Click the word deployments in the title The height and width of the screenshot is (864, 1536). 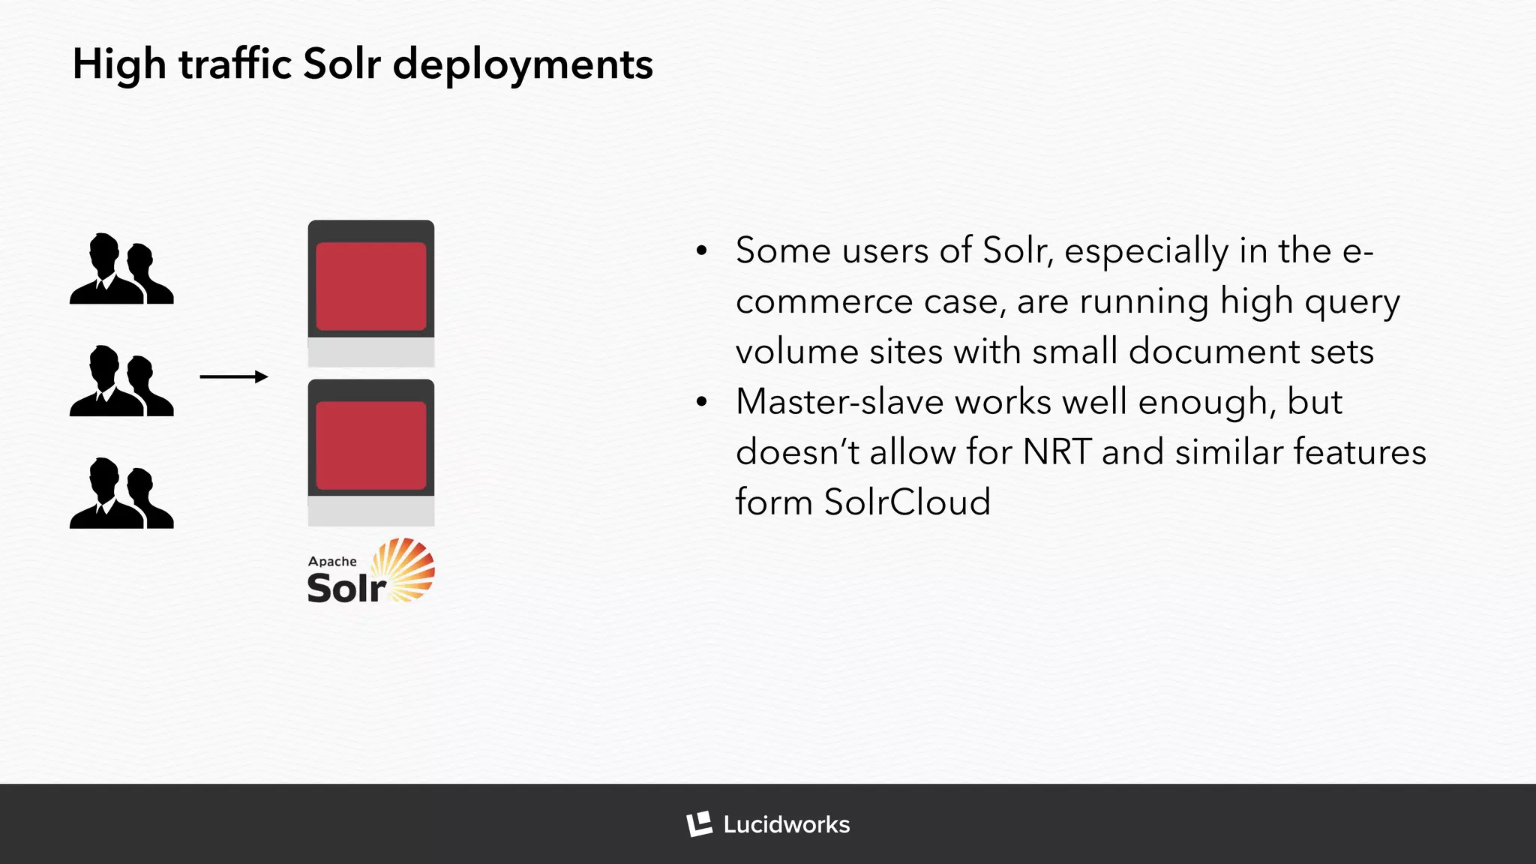pyautogui.click(x=523, y=64)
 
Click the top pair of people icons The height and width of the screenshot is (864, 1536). pyautogui.click(x=121, y=268)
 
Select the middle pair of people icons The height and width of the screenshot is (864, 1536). pyautogui.click(x=121, y=381)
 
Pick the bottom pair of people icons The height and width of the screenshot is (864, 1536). pyautogui.click(x=121, y=493)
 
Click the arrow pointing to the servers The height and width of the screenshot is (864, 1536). pyautogui.click(x=233, y=376)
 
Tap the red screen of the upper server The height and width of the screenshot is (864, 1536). pyautogui.click(x=371, y=286)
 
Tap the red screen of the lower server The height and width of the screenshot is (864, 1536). pyautogui.click(x=371, y=445)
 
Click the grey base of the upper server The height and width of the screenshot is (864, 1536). pyautogui.click(x=371, y=352)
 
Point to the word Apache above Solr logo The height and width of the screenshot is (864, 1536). pyautogui.click(x=332, y=562)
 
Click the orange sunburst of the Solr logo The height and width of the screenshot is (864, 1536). pyautogui.click(x=405, y=568)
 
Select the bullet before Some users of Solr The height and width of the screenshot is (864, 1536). pyautogui.click(x=701, y=250)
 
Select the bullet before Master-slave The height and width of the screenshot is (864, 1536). pyautogui.click(x=701, y=402)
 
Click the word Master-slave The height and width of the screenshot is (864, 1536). pyautogui.click(x=839, y=402)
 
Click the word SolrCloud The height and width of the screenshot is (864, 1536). pyautogui.click(x=907, y=502)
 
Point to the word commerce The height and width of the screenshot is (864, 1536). pyautogui.click(x=823, y=302)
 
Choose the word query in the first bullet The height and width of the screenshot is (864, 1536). pyautogui.click(x=1351, y=302)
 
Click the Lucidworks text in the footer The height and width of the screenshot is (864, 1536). pyautogui.click(x=786, y=825)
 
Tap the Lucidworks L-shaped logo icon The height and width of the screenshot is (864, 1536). pyautogui.click(x=699, y=824)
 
